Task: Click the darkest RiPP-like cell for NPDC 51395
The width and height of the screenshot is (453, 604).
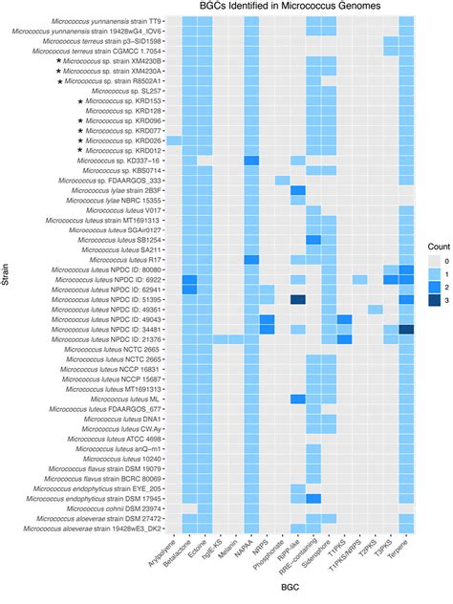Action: coord(298,299)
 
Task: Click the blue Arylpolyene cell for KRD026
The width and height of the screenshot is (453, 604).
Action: coord(173,140)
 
